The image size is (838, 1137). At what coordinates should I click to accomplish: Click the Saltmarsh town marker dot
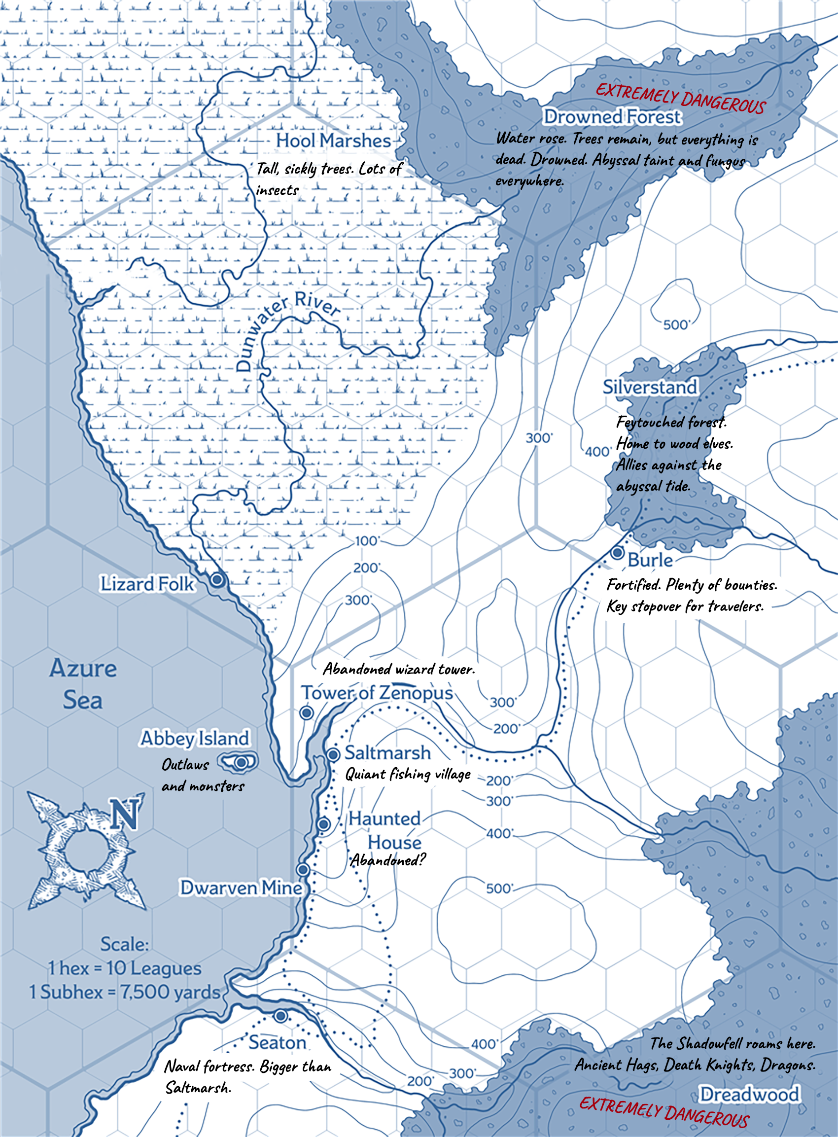[333, 754]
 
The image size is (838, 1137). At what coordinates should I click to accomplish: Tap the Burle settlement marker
[617, 552]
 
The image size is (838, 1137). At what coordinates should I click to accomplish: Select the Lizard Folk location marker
[217, 579]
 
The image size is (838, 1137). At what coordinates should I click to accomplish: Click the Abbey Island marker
[242, 762]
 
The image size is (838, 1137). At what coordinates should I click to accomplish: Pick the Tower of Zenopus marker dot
[307, 713]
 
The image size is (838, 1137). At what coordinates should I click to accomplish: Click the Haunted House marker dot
[324, 824]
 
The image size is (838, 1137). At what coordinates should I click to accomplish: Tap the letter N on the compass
[125, 815]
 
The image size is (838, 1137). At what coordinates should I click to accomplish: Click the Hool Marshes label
[333, 141]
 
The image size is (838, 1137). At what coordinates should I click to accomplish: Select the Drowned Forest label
[612, 117]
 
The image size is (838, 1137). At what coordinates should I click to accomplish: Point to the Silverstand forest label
[650, 387]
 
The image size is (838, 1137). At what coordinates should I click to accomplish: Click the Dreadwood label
[749, 1095]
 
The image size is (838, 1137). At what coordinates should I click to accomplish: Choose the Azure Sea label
[83, 684]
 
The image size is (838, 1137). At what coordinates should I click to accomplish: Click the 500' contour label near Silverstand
[676, 325]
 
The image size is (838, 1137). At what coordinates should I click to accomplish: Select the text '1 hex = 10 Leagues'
[125, 968]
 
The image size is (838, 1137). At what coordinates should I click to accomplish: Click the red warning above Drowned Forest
[680, 99]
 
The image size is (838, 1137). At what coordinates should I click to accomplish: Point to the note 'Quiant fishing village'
[408, 774]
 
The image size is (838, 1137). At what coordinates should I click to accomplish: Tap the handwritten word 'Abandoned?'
[388, 860]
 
